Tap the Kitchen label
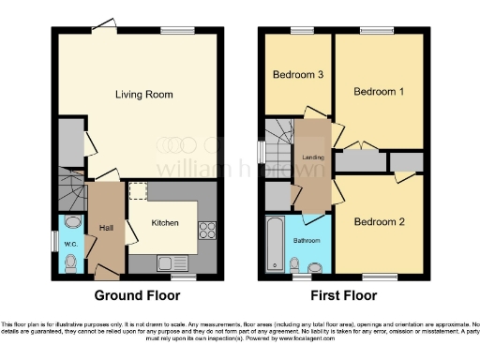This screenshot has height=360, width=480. [165, 223]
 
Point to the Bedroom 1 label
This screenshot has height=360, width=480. [379, 92]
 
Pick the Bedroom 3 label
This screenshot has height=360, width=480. [299, 74]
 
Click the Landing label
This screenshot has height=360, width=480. [313, 157]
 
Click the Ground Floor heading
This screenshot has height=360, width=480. [139, 295]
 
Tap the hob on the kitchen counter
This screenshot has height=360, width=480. [206, 230]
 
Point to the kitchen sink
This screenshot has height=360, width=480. [166, 262]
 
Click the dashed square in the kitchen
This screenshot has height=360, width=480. [138, 191]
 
